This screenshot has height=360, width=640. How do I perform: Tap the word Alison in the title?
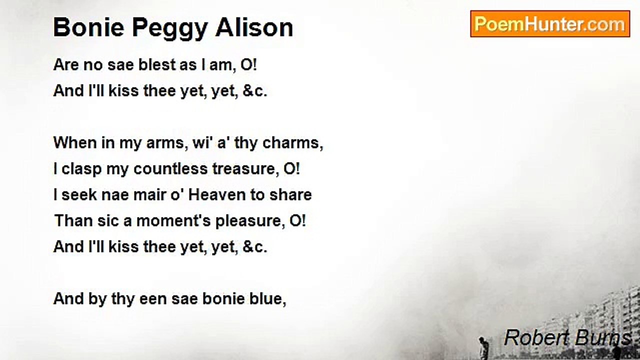point(254,27)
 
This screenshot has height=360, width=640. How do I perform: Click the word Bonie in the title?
point(89,27)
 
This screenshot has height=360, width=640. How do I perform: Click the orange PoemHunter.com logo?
point(550,24)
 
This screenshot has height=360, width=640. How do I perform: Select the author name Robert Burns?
point(567,337)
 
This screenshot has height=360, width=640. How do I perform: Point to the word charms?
point(292,143)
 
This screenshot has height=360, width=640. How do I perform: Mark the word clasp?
point(81,169)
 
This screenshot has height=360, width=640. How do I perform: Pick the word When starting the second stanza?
point(75,142)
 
